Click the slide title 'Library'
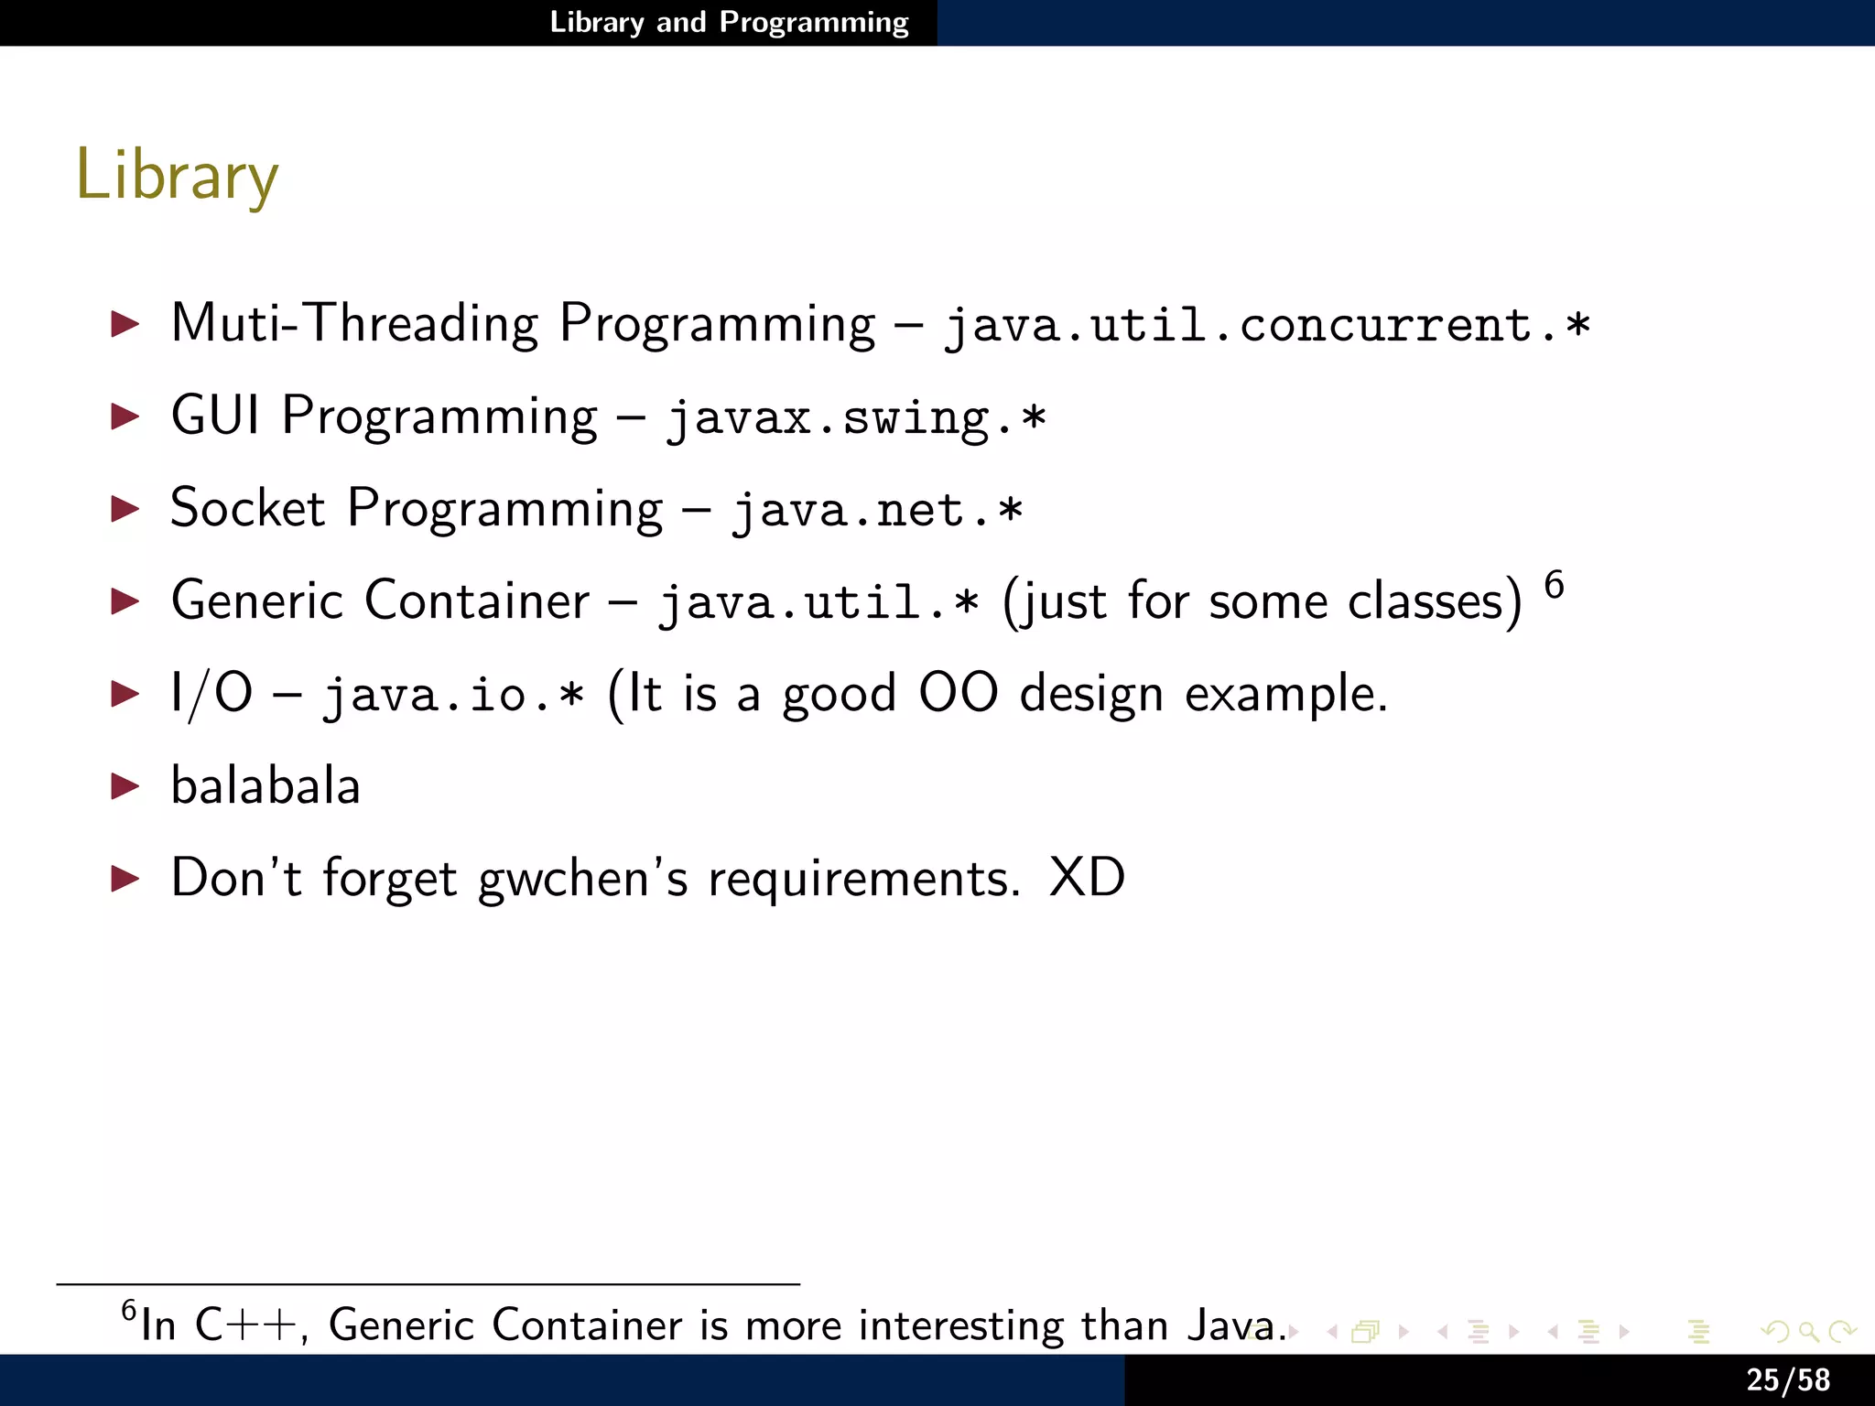177,175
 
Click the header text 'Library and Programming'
729,22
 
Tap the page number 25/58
1787,1379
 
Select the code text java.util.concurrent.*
1267,325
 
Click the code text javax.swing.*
855,418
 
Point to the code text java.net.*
876,510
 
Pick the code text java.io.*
453,694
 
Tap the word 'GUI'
215,416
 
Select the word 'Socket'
247,508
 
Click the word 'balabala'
266,786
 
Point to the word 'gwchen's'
582,879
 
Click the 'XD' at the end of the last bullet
1087,878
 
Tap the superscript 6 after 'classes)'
1554,585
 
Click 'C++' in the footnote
246,1325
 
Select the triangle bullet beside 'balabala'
125,786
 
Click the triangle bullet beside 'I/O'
125,694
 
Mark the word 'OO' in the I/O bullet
958,693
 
